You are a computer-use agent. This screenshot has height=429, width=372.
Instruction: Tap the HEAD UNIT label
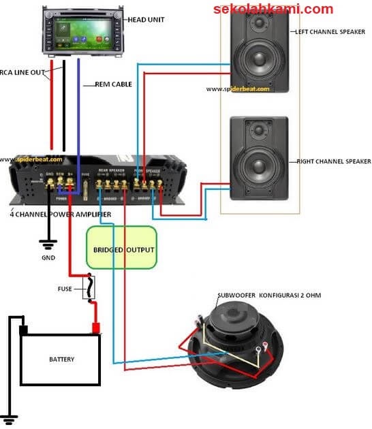147,20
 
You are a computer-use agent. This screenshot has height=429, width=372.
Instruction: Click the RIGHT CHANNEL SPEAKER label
333,161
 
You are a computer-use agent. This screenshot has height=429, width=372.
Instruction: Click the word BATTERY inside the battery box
61,359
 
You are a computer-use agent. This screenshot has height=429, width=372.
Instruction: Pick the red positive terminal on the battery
96,329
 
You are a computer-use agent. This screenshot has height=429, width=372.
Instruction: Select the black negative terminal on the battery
23,330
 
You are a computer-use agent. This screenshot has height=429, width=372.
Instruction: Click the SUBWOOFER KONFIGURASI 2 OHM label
268,295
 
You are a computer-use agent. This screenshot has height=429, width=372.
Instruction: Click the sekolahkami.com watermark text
273,9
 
